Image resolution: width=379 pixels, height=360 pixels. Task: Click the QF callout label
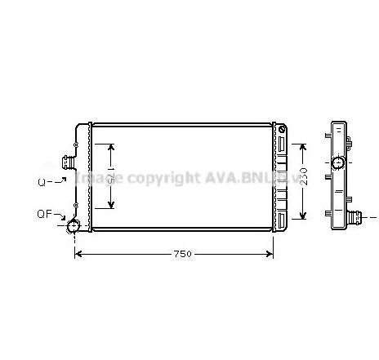pos(45,214)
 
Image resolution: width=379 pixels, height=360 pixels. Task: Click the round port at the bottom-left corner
pos(74,226)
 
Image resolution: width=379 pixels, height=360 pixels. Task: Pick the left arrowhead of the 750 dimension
pos(78,255)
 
